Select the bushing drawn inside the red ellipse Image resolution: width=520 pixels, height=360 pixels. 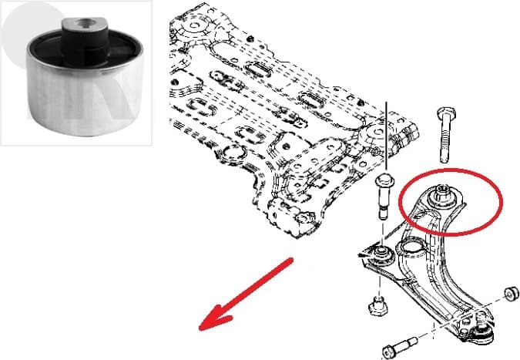pos(445,195)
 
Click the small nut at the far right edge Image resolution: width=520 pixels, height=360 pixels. pos(508,294)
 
